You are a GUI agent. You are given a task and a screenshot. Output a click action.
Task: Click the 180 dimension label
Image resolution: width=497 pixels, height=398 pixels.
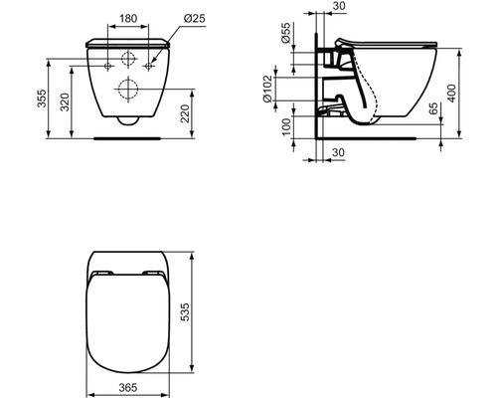(x=128, y=19)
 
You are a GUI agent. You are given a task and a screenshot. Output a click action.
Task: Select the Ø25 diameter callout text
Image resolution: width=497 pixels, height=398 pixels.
(x=195, y=19)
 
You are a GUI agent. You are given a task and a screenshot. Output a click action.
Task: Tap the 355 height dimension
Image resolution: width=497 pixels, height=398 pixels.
(x=42, y=99)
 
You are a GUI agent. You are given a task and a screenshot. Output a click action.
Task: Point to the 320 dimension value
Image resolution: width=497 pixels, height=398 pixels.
(x=65, y=102)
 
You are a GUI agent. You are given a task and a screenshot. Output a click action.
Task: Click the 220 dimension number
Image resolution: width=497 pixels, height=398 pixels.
(x=185, y=113)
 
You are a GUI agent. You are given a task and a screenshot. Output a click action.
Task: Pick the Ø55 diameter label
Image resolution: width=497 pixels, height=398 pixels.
(x=285, y=33)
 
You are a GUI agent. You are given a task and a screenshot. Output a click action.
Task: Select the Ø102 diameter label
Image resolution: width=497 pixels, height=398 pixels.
(x=267, y=89)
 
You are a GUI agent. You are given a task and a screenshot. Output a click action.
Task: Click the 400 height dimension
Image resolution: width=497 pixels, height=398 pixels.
(x=451, y=94)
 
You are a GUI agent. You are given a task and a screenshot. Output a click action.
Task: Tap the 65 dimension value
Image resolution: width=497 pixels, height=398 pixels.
(x=433, y=108)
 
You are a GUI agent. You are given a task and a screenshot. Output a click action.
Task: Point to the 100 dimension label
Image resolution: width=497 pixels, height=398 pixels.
(x=285, y=127)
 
